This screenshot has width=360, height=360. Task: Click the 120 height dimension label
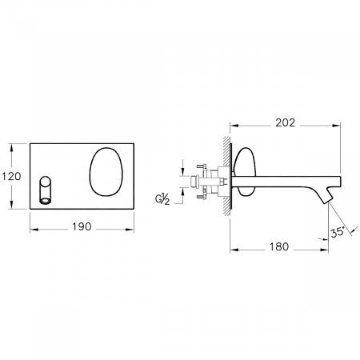click(11, 177)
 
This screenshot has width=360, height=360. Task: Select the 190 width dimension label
click(82, 226)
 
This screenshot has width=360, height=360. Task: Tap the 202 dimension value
click(286, 123)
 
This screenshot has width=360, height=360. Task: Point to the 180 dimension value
click(279, 247)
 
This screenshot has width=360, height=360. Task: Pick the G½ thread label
click(162, 199)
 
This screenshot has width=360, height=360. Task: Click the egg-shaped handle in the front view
click(106, 172)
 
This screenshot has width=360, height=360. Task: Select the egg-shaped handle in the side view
click(246, 171)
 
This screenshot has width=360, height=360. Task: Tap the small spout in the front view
click(46, 190)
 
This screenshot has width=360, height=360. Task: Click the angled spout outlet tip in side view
click(329, 201)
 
